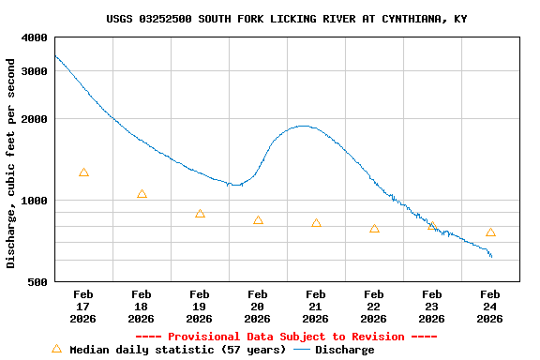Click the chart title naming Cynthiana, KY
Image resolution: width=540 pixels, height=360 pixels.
[287, 19]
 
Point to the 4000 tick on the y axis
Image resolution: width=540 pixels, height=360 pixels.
[35, 37]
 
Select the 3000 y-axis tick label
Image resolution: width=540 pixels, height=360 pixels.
[35, 71]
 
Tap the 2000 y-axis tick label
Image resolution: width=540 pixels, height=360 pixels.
[35, 119]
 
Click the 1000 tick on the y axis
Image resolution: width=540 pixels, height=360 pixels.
[35, 201]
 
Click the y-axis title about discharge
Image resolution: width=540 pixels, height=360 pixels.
[11, 163]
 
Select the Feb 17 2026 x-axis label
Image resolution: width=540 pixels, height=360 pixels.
[83, 307]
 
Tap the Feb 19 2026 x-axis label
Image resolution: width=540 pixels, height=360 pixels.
[200, 307]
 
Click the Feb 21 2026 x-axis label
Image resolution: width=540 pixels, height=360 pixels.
[316, 307]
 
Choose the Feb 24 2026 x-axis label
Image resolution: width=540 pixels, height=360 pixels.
[490, 307]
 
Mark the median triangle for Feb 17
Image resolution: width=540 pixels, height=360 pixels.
[83, 172]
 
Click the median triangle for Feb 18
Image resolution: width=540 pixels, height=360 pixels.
[142, 194]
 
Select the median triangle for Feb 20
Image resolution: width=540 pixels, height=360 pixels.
[258, 220]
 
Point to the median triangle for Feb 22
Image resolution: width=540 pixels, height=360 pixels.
[374, 228]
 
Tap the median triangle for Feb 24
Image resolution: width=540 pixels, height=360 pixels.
[490, 232]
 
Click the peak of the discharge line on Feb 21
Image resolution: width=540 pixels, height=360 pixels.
[302, 126]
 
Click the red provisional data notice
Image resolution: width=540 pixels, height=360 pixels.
[286, 337]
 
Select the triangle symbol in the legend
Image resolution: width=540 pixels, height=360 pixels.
[56, 349]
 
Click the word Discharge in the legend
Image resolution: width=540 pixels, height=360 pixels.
[344, 350]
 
